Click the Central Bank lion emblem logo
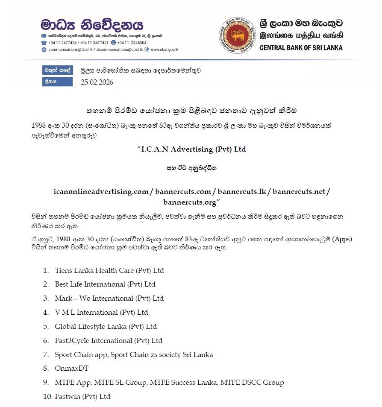tap(238, 35)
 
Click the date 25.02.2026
tap(97, 82)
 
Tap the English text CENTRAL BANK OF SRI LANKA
tap(301, 48)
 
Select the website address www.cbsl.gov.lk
tap(164, 50)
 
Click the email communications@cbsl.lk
tap(71, 50)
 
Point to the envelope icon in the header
tap(44, 35)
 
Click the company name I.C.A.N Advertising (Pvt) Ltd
tap(191, 149)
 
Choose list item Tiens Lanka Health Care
tap(109, 270)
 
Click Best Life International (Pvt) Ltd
tap(105, 284)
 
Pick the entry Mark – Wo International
tap(109, 298)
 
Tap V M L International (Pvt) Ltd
tap(101, 312)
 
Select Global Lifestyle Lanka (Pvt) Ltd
tap(106, 326)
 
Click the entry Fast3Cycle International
tap(109, 340)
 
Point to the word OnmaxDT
tap(71, 369)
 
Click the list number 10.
tap(47, 396)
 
